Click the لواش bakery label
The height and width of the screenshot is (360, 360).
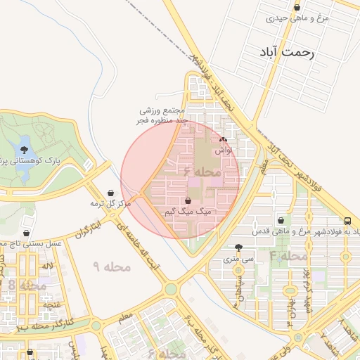(224, 150)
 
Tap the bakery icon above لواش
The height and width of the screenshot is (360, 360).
(224, 140)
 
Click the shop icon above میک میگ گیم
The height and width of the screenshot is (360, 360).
(187, 201)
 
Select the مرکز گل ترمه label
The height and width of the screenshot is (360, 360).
(111, 203)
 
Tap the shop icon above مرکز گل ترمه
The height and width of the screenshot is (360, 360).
(111, 193)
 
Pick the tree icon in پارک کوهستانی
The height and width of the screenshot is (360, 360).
(25, 150)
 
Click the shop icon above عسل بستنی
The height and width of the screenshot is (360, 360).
(27, 233)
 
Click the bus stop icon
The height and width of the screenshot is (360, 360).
(349, 220)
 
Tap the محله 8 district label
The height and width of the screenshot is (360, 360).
(22, 285)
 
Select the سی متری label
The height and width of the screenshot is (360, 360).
(240, 259)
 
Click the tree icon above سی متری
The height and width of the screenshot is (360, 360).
(240, 248)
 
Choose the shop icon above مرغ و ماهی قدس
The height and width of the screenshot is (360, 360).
(281, 221)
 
